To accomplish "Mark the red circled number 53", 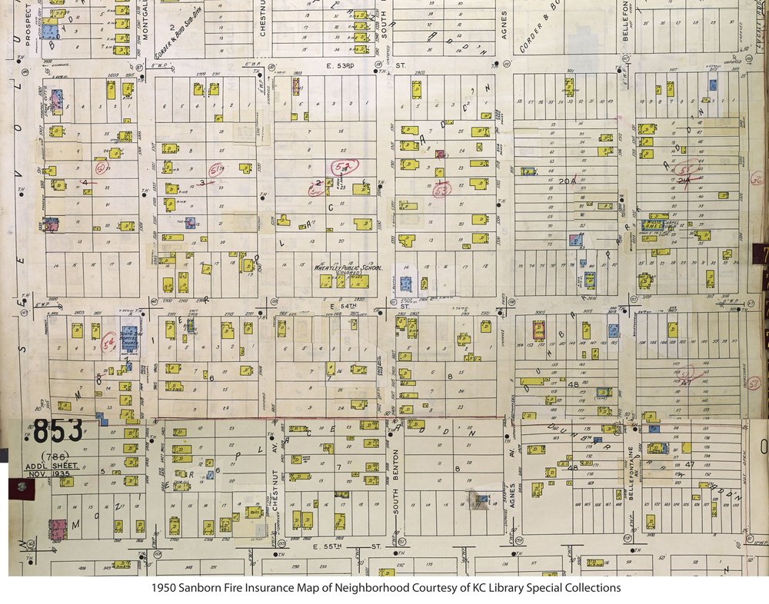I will (x=441, y=189).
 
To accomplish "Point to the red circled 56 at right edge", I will (x=756, y=180).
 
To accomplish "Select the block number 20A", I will (x=567, y=180).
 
